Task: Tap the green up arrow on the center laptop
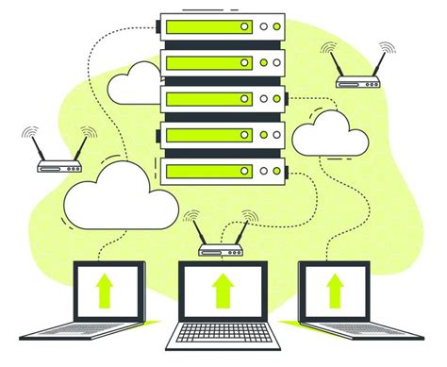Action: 222,292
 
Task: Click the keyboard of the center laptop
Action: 222,335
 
